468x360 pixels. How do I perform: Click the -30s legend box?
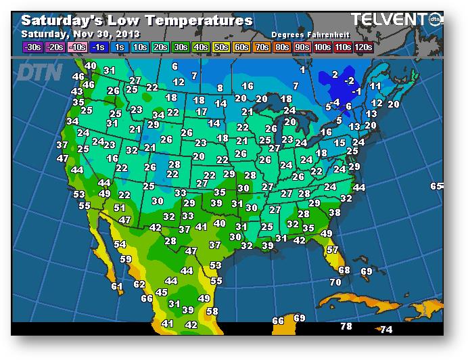pos(31,47)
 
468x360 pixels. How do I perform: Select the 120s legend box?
pos(363,47)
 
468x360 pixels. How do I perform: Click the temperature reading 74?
pos(386,330)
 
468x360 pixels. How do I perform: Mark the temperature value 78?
pos(346,326)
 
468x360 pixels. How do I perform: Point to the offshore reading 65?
pos(436,186)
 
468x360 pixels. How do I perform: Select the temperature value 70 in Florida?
pos(335,282)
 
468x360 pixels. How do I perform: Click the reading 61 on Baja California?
pos(117,286)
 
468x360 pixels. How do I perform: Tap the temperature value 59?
pos(126,258)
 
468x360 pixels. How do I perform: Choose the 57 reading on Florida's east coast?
pos(333,250)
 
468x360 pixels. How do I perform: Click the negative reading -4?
pos(335,102)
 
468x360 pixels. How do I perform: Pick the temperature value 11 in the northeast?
pos(375,86)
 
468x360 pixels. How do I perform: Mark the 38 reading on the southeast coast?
pos(334,212)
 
